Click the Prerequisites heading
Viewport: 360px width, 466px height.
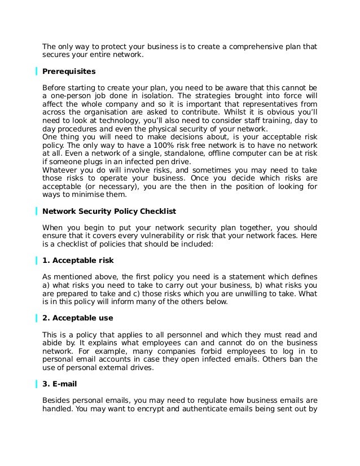69,72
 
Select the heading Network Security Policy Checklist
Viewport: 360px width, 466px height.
109,212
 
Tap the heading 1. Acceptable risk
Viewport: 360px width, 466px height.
78,261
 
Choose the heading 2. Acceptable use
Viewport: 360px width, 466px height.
78,319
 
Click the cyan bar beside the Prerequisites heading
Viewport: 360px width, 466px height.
36,72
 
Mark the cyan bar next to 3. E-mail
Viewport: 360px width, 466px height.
36,386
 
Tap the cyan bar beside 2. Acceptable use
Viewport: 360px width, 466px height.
36,319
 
